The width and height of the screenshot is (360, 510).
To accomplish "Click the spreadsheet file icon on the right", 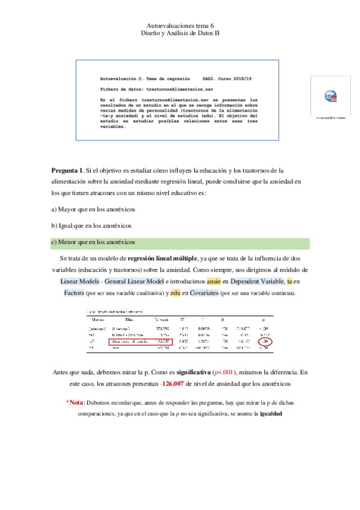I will tap(331, 96).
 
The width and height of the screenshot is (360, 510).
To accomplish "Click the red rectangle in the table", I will tap(141, 342).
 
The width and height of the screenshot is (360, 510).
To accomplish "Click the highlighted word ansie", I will tap(213, 281).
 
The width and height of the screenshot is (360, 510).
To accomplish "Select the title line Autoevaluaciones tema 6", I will tap(180, 25).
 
